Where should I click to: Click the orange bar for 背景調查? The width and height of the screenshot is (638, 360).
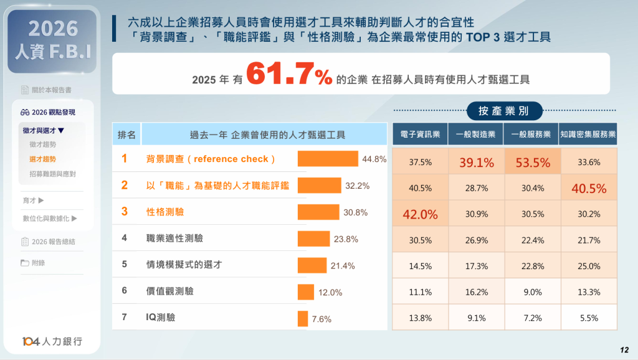point(328,159)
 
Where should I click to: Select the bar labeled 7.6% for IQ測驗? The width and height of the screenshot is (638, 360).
point(303,318)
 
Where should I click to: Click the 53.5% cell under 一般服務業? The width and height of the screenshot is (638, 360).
point(533,163)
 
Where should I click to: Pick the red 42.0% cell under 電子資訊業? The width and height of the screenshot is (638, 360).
point(421,214)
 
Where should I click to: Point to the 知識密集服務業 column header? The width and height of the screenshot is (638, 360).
point(588,134)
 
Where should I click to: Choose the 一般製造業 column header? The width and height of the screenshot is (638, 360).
point(475,134)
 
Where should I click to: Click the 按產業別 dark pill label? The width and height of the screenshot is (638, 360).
point(505,111)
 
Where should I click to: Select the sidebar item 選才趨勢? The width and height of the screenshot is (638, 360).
point(42,159)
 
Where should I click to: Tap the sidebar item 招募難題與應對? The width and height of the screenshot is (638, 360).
point(52,174)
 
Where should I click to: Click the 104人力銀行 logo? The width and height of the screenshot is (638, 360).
point(52,341)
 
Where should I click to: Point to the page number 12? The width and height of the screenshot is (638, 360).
point(624,350)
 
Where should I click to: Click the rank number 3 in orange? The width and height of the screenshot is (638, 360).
point(125,211)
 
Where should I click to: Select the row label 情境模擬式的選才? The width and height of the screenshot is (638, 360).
point(184,265)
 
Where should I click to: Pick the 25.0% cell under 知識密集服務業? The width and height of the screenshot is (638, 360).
point(589,266)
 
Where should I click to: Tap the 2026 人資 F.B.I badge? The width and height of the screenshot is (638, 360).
point(52,40)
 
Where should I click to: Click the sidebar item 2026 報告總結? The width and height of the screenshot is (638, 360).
point(54,242)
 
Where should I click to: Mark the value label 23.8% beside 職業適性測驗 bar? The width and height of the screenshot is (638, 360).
point(346,239)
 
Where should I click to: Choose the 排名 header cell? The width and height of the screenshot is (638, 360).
point(126,135)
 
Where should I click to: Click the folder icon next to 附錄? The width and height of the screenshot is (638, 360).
point(25,263)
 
